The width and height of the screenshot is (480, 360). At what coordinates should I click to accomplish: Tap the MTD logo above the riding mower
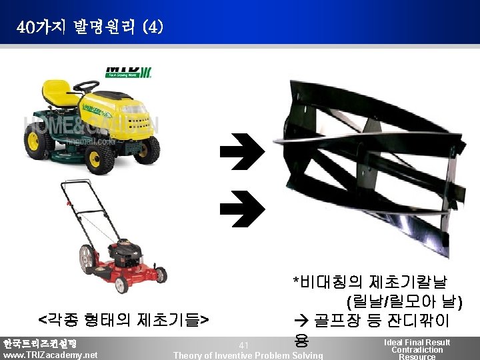pyautogui.click(x=128, y=71)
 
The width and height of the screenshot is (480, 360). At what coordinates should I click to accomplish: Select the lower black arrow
pyautogui.click(x=242, y=206)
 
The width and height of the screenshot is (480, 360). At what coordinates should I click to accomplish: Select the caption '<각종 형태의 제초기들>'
pyautogui.click(x=123, y=317)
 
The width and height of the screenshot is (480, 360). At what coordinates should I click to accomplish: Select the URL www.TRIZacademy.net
pyautogui.click(x=50, y=355)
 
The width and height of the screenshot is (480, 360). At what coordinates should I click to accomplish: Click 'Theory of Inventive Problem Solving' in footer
pyautogui.click(x=247, y=355)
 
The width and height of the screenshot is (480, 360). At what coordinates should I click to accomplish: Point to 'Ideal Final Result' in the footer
pyautogui.click(x=417, y=342)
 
